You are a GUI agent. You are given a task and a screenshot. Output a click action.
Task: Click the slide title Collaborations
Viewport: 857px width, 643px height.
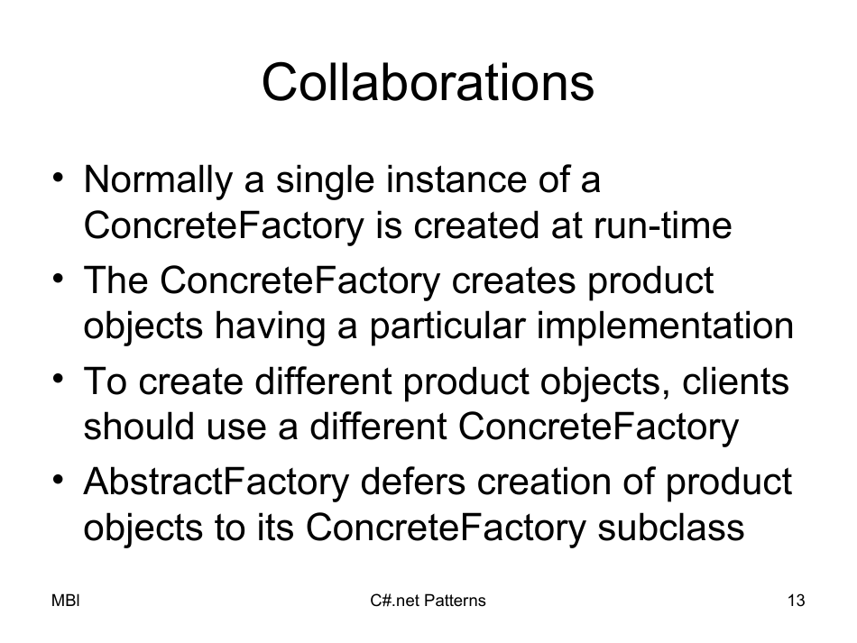pyautogui.click(x=428, y=84)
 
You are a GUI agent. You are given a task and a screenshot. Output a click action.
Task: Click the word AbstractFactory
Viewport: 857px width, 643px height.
pyautogui.click(x=215, y=482)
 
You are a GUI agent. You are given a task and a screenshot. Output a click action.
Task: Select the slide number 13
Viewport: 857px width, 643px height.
pyautogui.click(x=796, y=601)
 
